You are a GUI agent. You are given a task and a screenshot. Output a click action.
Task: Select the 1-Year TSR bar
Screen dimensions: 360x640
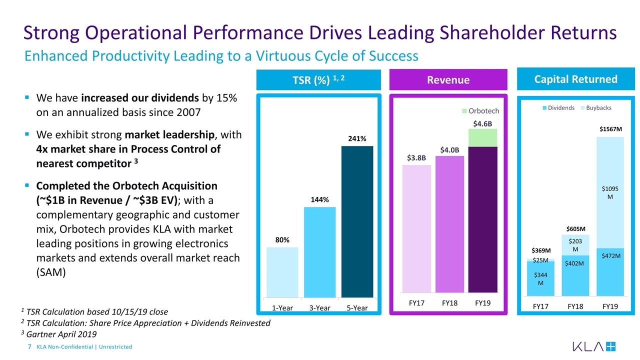pos(282,272)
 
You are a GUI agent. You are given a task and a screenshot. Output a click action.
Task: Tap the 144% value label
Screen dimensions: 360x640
pos(319,200)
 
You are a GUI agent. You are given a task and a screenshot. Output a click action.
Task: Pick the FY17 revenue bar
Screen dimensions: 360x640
pos(416,228)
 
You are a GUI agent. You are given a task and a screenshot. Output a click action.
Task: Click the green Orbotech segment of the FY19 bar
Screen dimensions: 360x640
pos(482,137)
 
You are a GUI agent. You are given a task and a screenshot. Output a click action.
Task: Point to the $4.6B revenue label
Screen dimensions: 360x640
pos(482,123)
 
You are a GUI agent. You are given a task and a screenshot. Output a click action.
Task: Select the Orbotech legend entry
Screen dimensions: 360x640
pos(480,110)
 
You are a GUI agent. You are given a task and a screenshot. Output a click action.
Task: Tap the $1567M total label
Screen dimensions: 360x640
pos(610,129)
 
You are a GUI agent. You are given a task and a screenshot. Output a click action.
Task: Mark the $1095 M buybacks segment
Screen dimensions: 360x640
pos(610,192)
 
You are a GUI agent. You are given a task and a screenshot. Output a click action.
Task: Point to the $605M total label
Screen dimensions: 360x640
pos(575,228)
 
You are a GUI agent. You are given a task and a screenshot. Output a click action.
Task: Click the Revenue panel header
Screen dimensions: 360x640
pos(448,80)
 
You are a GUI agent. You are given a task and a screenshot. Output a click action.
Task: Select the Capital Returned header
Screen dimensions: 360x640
pos(575,79)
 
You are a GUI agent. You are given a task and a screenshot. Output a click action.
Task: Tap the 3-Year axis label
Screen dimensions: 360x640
pos(319,308)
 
